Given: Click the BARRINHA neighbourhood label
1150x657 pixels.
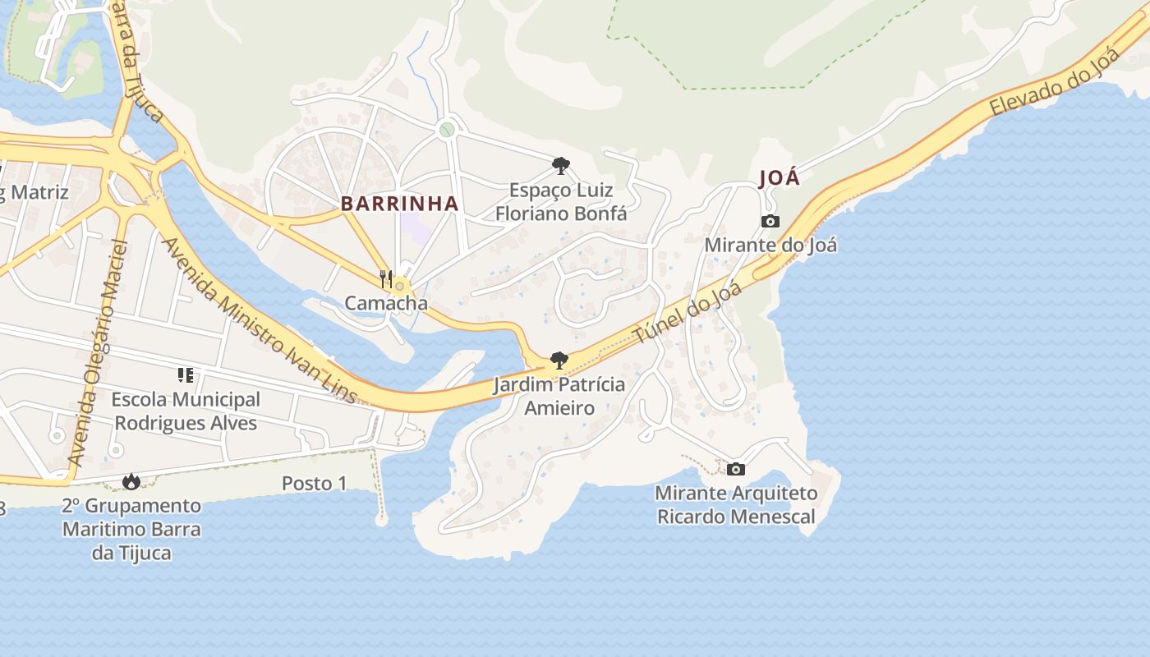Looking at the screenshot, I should pos(399,204).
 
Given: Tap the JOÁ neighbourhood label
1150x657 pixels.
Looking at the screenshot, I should pos(779,178).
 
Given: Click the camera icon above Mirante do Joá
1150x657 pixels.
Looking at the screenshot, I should pos(770,221).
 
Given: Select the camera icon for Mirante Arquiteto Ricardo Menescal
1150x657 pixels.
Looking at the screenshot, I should pos(736,469).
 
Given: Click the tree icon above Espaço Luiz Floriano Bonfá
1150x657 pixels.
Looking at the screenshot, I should pos(561,167).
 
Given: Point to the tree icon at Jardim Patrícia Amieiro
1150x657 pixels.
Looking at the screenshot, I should pos(559,361).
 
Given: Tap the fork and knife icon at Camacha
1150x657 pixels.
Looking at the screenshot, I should pos(387,279).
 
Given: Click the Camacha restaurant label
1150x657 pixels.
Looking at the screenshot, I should pos(386,303).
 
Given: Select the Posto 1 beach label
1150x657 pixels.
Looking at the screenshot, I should pos(314,483).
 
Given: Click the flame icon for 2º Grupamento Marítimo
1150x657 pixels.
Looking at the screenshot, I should pos(131,481).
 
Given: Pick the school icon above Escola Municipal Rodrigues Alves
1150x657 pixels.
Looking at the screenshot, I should pos(186,375).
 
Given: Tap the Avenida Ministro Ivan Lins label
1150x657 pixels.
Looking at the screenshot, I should pos(260,319).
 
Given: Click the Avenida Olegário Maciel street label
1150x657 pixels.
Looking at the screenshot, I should pos(98,353).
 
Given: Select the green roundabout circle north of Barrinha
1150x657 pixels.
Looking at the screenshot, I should pos(447,129).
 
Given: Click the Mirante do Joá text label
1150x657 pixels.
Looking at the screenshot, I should pos(770,245).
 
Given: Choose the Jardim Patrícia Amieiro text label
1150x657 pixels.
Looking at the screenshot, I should pos(559,396).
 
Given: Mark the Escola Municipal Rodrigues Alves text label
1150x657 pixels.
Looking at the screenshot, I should pos(186,411).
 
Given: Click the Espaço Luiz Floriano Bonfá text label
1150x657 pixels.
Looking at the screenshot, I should pos(561,202).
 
